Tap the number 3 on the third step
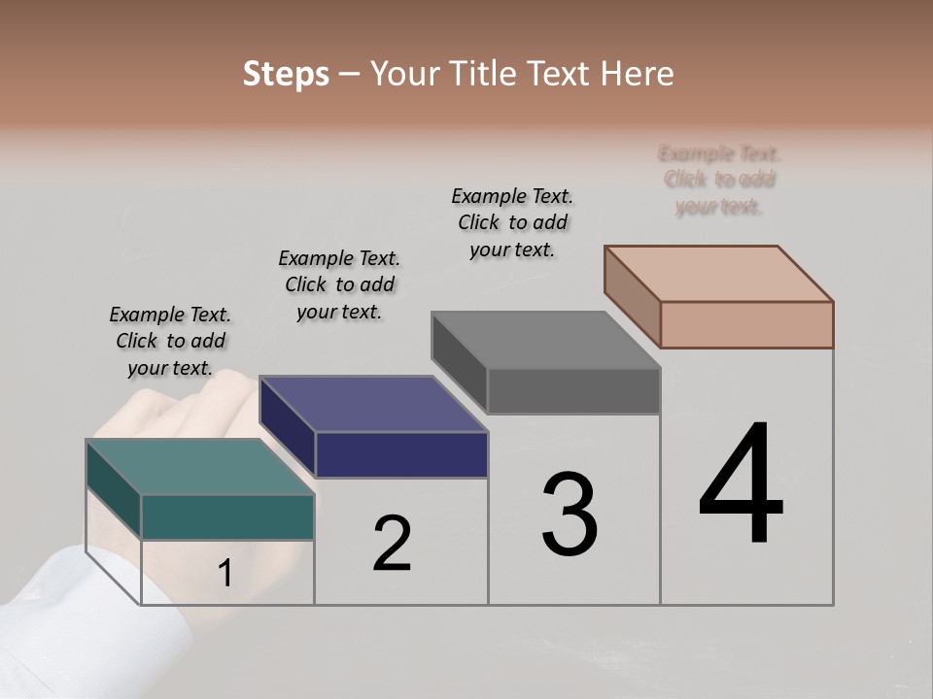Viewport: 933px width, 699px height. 570,515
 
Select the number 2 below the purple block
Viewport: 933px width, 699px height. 393,544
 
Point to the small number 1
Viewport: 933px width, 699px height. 225,574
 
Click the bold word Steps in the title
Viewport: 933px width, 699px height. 286,74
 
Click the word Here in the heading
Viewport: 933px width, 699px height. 639,74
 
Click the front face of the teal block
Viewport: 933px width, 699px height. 227,516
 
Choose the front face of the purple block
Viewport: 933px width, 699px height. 401,454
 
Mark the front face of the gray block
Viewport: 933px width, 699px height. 573,390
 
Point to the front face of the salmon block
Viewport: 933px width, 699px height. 746,324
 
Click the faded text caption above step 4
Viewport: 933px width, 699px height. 719,180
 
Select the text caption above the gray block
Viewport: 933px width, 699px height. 512,222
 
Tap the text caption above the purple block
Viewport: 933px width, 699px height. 339,284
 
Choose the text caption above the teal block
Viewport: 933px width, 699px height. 170,341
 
